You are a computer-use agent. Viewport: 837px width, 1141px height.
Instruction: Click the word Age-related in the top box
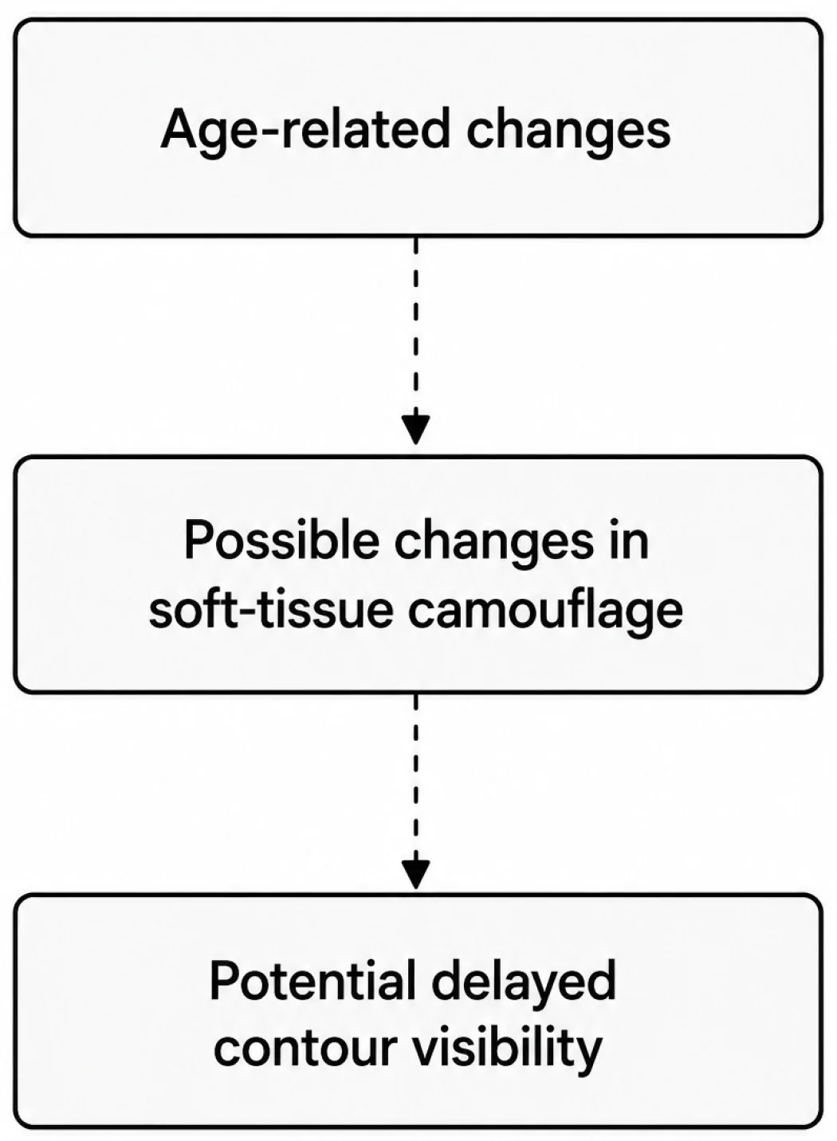pyautogui.click(x=305, y=131)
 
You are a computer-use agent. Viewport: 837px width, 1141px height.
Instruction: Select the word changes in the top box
pyautogui.click(x=568, y=131)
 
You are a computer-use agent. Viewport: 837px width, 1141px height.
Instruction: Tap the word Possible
pyautogui.click(x=281, y=540)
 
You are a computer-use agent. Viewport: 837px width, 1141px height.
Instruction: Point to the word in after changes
pyautogui.click(x=629, y=540)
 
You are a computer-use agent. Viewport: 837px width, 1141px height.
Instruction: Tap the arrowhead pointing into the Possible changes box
pyautogui.click(x=416, y=429)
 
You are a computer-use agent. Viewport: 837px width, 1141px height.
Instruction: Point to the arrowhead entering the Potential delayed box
pyautogui.click(x=416, y=874)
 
